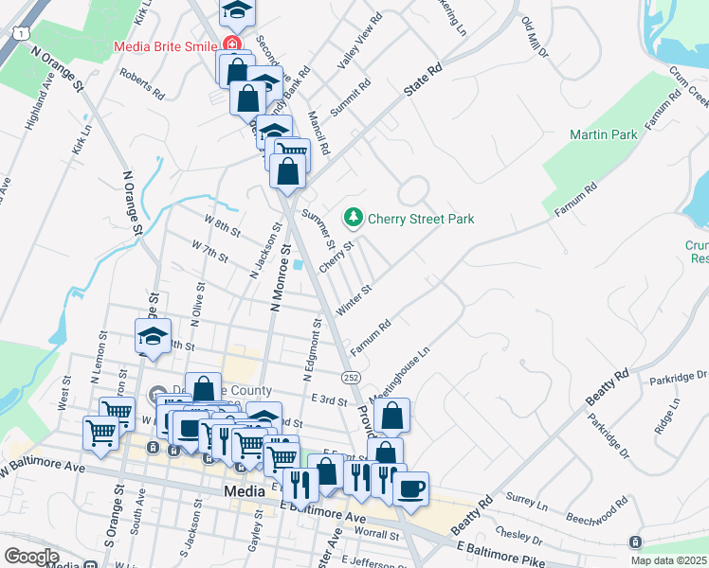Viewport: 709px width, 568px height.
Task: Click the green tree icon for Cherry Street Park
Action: [x=354, y=219]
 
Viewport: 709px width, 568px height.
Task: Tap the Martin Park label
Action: [x=604, y=135]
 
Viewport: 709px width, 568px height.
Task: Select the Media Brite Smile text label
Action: [x=165, y=45]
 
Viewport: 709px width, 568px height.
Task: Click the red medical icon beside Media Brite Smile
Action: [x=229, y=44]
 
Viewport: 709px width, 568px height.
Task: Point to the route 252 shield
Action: [x=351, y=377]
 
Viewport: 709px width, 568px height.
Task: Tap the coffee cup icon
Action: [x=410, y=489]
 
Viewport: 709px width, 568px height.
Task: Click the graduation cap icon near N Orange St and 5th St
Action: [x=152, y=337]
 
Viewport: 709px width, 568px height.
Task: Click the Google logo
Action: [x=31, y=556]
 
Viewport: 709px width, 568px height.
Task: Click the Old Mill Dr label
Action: [x=531, y=35]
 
